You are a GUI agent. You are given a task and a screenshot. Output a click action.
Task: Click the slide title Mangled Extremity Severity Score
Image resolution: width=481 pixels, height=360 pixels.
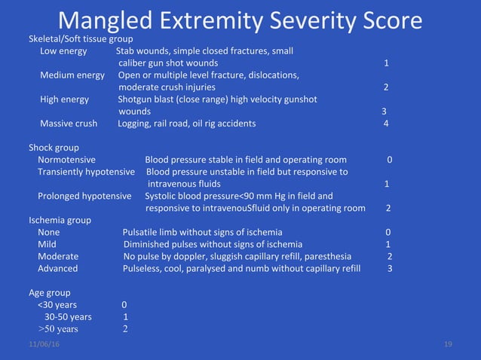[x=240, y=20]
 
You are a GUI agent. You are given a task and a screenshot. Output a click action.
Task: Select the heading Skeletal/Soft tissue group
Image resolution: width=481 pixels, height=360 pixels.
[x=81, y=38]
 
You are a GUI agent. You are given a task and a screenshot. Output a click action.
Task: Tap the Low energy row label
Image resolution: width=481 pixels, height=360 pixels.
[x=63, y=51]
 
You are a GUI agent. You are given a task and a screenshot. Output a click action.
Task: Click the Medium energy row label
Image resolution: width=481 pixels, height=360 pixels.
[x=72, y=75]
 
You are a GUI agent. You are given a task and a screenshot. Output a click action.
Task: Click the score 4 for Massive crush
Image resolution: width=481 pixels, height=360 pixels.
[x=386, y=124]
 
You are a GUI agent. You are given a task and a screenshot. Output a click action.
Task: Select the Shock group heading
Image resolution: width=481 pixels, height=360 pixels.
[x=54, y=148]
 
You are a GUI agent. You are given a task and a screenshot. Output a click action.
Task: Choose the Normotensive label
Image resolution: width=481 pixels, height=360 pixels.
[x=66, y=160]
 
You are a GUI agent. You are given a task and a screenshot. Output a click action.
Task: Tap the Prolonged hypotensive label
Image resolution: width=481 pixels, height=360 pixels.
[x=84, y=196]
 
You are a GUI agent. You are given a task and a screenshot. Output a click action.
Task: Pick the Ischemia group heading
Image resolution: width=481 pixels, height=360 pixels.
[x=60, y=220]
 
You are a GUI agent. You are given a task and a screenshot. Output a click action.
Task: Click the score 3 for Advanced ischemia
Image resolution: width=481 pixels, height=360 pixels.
[x=389, y=268]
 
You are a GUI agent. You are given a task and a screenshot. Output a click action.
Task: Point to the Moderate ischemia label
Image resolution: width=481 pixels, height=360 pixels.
[x=58, y=256]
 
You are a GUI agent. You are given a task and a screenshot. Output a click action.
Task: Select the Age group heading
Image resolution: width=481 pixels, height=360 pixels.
[x=50, y=292]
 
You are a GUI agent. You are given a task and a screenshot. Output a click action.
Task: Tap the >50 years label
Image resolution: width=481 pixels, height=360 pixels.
[x=58, y=328]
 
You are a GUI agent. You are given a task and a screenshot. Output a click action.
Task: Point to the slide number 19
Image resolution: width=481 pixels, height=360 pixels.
[x=448, y=344]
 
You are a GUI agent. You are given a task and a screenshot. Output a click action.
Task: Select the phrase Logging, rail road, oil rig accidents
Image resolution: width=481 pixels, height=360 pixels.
[x=186, y=124]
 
